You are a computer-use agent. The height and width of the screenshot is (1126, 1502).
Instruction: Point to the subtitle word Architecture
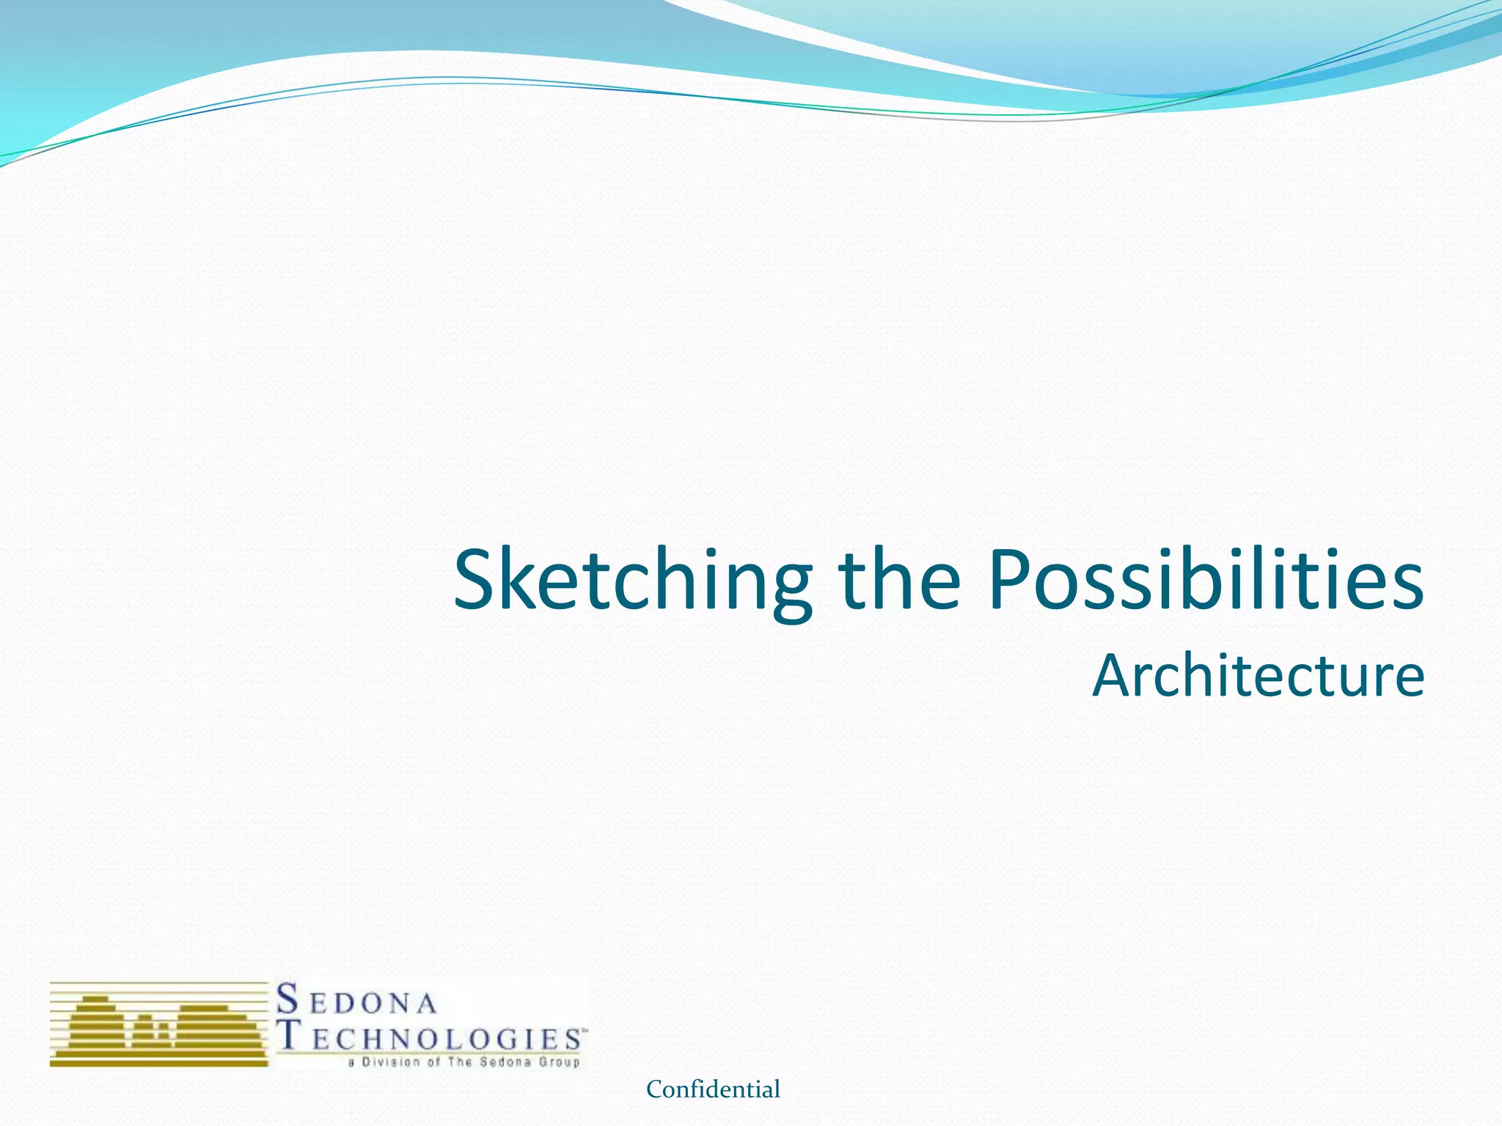[x=1259, y=675]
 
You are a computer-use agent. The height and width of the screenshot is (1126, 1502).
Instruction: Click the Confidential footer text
[x=713, y=1090]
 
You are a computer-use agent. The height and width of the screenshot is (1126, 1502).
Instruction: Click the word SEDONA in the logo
[x=357, y=1001]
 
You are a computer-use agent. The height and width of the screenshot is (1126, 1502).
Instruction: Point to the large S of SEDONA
[x=288, y=999]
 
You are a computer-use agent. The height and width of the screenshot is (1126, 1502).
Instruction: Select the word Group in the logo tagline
[x=560, y=1062]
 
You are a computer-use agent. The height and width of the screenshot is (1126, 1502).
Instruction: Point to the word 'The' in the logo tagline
[x=461, y=1062]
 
